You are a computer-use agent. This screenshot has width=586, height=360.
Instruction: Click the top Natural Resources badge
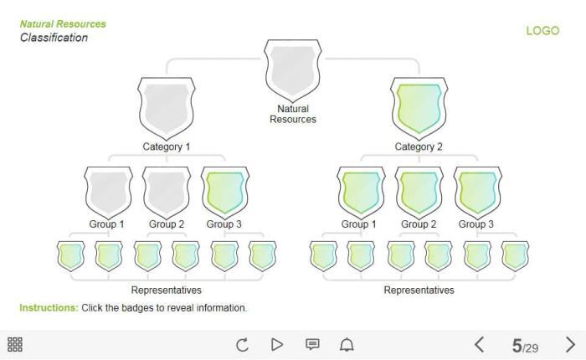point(293,69)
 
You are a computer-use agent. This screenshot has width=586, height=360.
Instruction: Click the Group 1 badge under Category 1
point(107,192)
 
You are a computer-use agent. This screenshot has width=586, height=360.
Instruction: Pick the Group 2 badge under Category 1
point(167,192)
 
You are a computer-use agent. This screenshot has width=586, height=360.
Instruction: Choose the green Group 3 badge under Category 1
point(225,192)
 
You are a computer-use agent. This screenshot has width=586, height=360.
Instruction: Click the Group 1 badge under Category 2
point(361,192)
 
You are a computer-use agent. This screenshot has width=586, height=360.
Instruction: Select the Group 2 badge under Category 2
point(419,192)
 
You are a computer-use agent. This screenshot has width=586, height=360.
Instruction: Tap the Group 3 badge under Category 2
point(477,192)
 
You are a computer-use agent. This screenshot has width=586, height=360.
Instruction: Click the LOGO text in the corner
point(542,31)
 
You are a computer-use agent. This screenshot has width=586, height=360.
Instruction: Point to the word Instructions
point(49,308)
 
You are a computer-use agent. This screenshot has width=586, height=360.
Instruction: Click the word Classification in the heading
point(54,38)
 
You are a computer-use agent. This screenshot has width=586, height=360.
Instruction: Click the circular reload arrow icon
point(243,344)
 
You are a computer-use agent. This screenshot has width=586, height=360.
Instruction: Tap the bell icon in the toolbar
point(347,344)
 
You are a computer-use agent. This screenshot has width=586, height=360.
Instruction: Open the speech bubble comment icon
point(312,344)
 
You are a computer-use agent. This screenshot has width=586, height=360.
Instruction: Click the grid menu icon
point(15,344)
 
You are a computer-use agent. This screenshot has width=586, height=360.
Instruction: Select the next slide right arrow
point(570,344)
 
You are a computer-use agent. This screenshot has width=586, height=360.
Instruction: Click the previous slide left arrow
point(480,344)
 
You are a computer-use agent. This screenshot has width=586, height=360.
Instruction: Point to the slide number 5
point(517,345)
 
